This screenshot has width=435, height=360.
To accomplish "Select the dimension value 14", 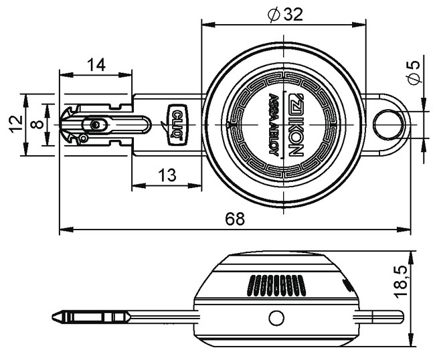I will click(x=96, y=64).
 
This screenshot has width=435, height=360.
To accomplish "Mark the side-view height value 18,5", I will click(x=402, y=280).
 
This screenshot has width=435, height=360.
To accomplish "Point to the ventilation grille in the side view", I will click(x=276, y=284).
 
